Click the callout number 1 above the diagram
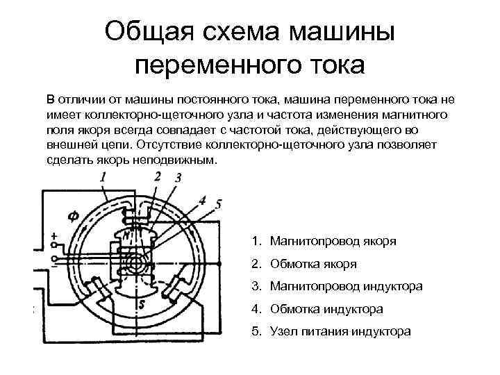coord(103,178)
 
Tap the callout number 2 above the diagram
coord(158,176)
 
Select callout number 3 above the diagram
coord(178,178)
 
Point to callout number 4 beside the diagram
coord(202,200)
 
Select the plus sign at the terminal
coord(54,237)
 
